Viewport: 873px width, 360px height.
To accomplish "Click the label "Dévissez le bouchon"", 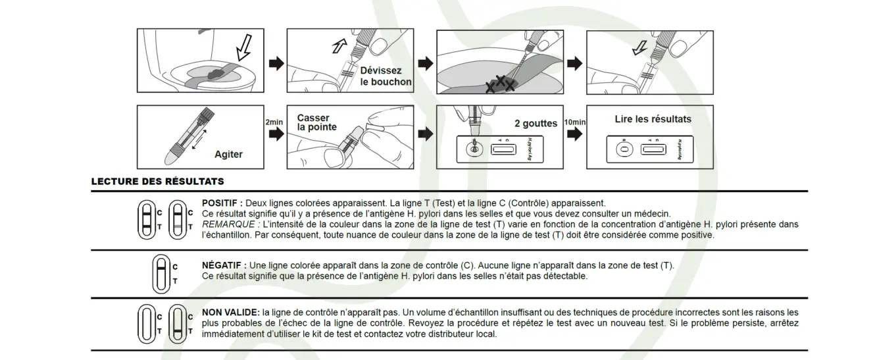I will click(x=386, y=76).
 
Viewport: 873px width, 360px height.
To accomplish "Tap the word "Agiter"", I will click(x=228, y=154).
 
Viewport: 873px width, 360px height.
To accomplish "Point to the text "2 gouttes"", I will click(x=536, y=123).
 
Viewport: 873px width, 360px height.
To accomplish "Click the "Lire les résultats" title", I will click(x=653, y=119).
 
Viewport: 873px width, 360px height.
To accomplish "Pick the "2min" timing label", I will click(x=274, y=122).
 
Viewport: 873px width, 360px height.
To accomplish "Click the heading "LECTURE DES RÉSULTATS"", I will click(x=157, y=181).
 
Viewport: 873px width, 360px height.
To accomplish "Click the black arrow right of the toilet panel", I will click(x=276, y=63).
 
